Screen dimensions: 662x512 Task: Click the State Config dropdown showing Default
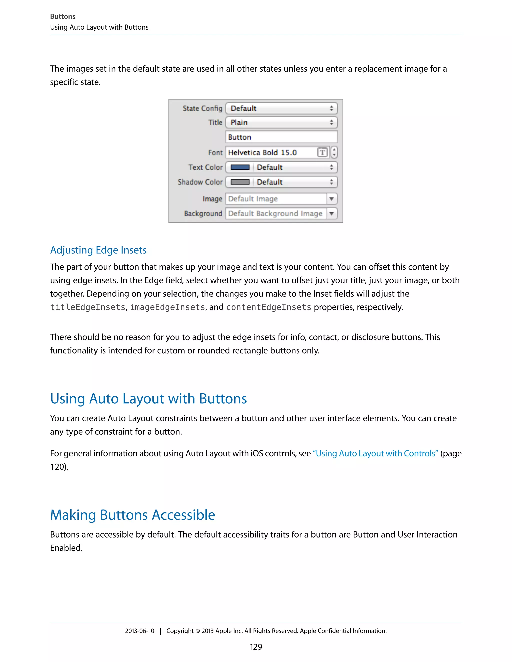point(281,108)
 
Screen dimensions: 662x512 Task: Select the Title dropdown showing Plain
point(281,122)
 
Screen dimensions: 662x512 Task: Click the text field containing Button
point(281,137)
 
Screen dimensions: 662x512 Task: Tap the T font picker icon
point(322,152)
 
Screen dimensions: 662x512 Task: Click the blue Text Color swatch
point(240,167)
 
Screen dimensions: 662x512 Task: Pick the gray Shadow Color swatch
point(240,182)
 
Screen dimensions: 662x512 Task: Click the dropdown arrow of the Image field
point(332,199)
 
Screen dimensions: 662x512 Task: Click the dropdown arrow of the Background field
point(332,213)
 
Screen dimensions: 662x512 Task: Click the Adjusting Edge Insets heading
point(98,250)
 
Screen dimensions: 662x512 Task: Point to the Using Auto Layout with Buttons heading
point(149,399)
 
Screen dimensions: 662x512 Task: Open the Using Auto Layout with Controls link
point(375,453)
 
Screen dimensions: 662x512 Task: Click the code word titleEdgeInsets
point(88,307)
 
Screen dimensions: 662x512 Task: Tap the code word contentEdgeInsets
point(269,307)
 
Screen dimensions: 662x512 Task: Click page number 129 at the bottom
point(256,647)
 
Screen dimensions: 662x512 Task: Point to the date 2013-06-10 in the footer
point(139,631)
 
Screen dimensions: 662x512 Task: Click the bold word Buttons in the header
point(63,17)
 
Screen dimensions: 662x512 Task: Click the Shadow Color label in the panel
point(200,182)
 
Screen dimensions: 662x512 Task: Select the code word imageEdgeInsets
point(168,307)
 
